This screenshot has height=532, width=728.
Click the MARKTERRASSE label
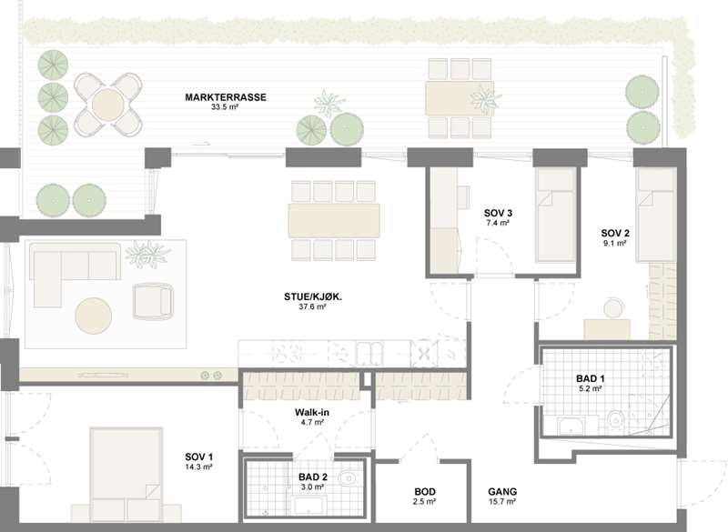tap(226, 97)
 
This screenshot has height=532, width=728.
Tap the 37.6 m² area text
tap(312, 306)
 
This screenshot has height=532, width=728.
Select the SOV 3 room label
tap(498, 213)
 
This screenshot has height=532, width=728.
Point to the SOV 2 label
tap(615, 234)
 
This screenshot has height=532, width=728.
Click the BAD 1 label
tap(590, 378)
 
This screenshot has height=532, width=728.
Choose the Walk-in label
tap(312, 412)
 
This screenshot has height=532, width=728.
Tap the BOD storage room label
tap(425, 492)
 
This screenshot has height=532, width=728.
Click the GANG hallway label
tap(502, 492)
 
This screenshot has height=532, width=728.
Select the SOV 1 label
tap(198, 457)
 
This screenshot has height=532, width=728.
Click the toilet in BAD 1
tap(616, 420)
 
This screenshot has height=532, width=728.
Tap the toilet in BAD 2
tap(348, 477)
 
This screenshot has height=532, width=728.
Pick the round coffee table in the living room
tap(94, 316)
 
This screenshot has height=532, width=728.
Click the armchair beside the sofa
tap(153, 302)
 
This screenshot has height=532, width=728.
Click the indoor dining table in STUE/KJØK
tap(334, 220)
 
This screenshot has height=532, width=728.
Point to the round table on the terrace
tap(107, 105)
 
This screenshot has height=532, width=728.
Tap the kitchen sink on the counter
tap(369, 354)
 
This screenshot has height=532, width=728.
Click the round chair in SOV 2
tap(613, 308)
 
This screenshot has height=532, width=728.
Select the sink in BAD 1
tap(572, 426)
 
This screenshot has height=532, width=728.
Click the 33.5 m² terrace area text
tap(225, 106)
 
